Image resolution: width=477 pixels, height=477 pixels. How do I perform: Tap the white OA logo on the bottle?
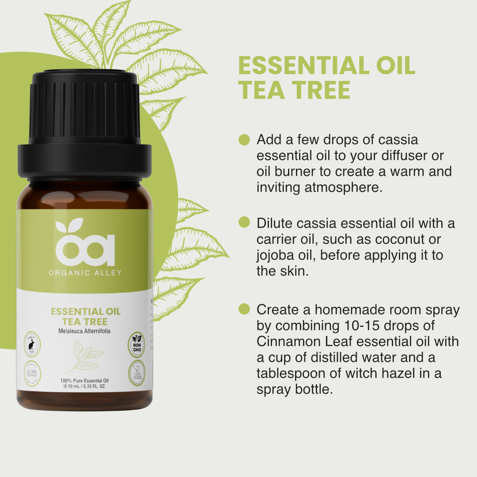point(85,245)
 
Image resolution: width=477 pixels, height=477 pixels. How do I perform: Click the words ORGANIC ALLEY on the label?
point(85,273)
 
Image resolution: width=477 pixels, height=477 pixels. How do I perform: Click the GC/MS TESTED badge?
point(32,371)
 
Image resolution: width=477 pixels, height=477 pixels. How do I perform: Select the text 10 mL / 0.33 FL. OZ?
point(87,387)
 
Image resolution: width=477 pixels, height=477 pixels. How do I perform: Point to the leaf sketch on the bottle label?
point(85,358)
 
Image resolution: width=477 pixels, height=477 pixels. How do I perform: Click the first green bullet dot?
point(244,140)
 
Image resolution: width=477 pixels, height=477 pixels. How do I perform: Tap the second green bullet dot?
point(244,222)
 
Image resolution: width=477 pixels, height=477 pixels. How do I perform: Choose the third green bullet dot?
point(244,309)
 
